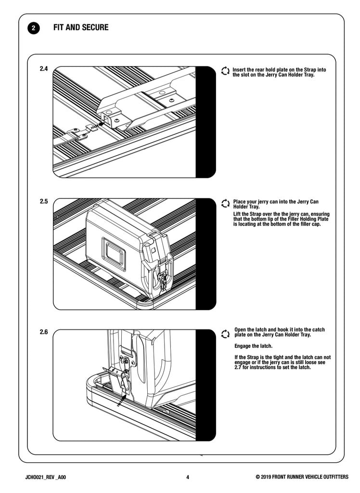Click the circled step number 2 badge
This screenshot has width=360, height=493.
pyautogui.click(x=34, y=28)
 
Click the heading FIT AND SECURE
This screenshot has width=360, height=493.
pyautogui.click(x=81, y=27)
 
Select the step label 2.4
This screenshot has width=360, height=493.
pyautogui.click(x=44, y=68)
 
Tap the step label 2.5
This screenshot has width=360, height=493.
pyautogui.click(x=44, y=201)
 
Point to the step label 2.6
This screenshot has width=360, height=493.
pyautogui.click(x=44, y=332)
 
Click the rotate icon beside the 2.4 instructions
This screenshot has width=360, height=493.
pyautogui.click(x=225, y=71)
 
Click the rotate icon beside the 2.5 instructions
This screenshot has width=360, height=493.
pyautogui.click(x=225, y=204)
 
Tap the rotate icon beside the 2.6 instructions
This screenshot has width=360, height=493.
pyautogui.click(x=225, y=334)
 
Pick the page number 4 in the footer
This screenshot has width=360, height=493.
pyautogui.click(x=188, y=477)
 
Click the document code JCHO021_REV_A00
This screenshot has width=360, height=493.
pyautogui.click(x=46, y=477)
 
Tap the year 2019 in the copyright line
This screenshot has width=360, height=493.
pyautogui.click(x=266, y=477)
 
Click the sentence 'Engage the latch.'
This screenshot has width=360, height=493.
pyautogui.click(x=254, y=346)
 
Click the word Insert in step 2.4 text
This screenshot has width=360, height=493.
pyautogui.click(x=239, y=70)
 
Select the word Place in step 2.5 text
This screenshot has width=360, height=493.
pyautogui.click(x=240, y=202)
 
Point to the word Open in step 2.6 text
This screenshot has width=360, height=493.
pyautogui.click(x=240, y=330)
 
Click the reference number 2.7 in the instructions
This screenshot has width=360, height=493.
pyautogui.click(x=238, y=367)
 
